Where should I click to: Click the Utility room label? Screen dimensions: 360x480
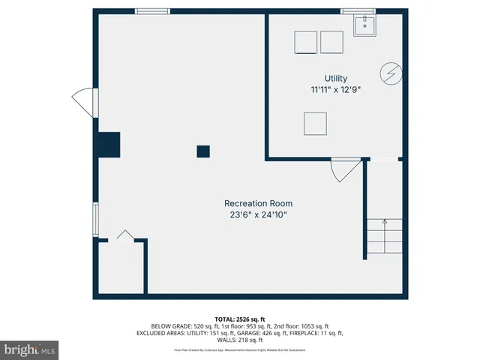[335, 78]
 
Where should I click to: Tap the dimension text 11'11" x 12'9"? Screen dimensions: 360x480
[335, 89]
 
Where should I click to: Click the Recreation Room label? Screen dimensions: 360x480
[258, 203]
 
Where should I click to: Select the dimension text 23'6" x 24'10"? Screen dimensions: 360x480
[258, 214]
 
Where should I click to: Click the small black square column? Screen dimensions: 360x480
[202, 151]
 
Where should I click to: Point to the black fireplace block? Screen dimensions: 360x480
[106, 144]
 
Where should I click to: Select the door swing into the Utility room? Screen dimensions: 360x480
[345, 170]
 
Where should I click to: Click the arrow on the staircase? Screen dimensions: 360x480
[384, 221]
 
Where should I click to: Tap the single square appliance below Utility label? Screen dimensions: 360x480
[315, 123]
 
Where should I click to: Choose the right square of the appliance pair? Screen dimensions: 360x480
[331, 42]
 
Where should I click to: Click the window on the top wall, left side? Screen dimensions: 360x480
[152, 10]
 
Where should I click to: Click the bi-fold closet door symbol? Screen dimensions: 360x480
[124, 235]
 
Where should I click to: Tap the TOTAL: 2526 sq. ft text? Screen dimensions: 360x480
[239, 318]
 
